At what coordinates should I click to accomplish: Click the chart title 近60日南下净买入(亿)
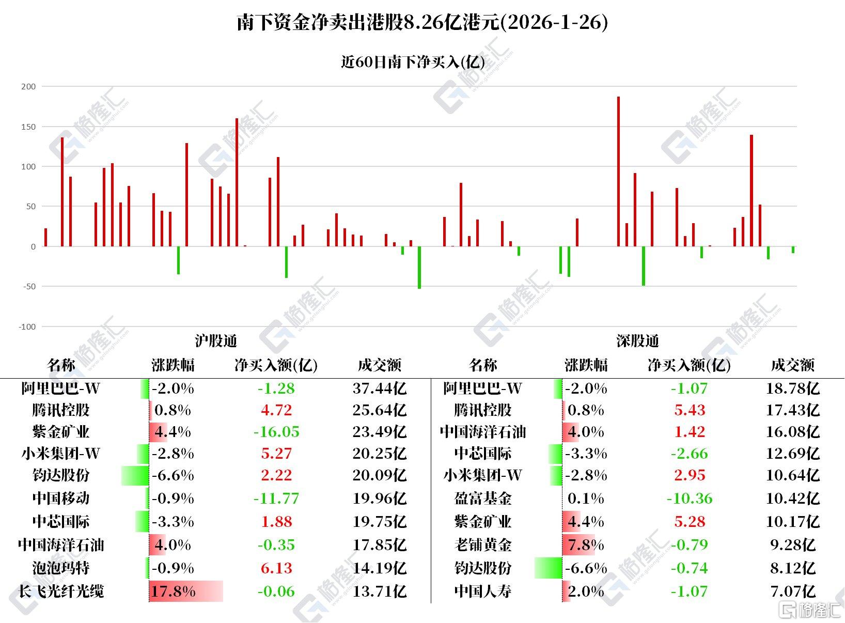pyautogui.click(x=413, y=62)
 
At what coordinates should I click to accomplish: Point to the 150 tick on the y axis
pyautogui.click(x=28, y=127)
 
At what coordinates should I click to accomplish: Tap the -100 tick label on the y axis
pyautogui.click(x=27, y=326)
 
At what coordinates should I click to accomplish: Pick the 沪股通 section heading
pyautogui.click(x=216, y=341)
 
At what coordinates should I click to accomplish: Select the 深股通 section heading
pyautogui.click(x=637, y=341)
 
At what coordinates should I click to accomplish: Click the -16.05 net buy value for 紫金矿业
pyautogui.click(x=276, y=432)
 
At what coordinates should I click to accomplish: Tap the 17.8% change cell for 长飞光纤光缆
pyautogui.click(x=174, y=591)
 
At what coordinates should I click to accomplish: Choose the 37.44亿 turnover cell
pyautogui.click(x=379, y=388)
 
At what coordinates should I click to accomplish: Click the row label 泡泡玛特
pyautogui.click(x=61, y=568)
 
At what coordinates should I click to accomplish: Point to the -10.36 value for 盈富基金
pyautogui.click(x=690, y=499)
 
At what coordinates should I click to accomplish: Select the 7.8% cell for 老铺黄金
pyautogui.click(x=586, y=545)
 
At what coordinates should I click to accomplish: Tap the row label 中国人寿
pyautogui.click(x=482, y=591)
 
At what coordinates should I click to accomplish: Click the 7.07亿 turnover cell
pyautogui.click(x=792, y=591)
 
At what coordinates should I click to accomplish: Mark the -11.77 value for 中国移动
pyautogui.click(x=276, y=499)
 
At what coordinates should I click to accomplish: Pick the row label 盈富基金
pyautogui.click(x=482, y=499)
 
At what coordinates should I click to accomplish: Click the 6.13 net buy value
pyautogui.click(x=276, y=568)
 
